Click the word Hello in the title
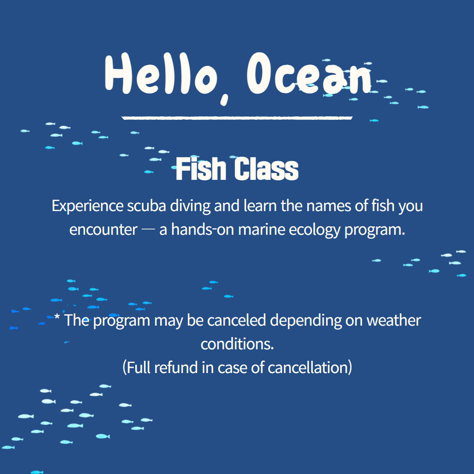coord(162,73)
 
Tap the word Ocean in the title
coord(309,73)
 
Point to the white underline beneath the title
coord(237,118)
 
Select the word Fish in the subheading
coord(201,169)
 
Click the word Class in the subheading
coord(266,169)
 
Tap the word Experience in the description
coord(87,207)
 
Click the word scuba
coord(146,206)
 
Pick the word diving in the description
coord(190,207)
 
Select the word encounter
coord(103,230)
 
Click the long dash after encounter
coord(148,229)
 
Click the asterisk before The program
coord(57,317)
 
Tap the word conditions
coord(237,344)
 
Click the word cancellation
coord(308,367)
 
